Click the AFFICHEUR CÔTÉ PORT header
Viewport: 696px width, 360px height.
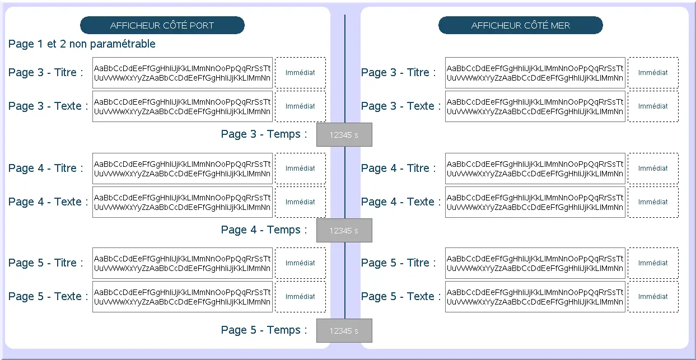[x=162, y=25]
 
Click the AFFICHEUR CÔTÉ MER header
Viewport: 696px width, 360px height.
[x=520, y=25]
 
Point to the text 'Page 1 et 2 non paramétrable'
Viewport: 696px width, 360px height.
[x=82, y=44]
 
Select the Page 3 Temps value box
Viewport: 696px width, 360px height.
[x=344, y=135]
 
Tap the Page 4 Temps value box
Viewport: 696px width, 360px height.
[x=344, y=231]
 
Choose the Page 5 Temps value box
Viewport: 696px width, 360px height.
[x=344, y=331]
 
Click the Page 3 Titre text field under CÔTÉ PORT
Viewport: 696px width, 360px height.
[x=183, y=73]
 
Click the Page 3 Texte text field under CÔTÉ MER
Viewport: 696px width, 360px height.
[x=535, y=106]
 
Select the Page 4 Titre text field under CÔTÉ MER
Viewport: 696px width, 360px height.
[x=535, y=169]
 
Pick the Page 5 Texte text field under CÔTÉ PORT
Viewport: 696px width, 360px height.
[x=183, y=297]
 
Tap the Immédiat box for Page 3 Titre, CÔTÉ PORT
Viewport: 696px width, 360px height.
[x=300, y=73]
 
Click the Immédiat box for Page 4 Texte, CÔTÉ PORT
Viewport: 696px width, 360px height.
[x=300, y=202]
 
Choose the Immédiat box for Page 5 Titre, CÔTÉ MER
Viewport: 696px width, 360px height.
[x=653, y=263]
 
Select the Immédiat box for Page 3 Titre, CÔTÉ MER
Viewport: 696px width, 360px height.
[x=653, y=73]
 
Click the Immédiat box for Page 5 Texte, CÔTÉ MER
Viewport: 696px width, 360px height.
[x=653, y=297]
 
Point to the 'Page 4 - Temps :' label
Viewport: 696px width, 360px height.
[x=264, y=230]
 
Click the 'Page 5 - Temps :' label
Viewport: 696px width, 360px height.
[x=264, y=330]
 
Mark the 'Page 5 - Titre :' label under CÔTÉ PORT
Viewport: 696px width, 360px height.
[x=46, y=263]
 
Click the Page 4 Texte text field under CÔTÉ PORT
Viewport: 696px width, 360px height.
[x=183, y=202]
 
